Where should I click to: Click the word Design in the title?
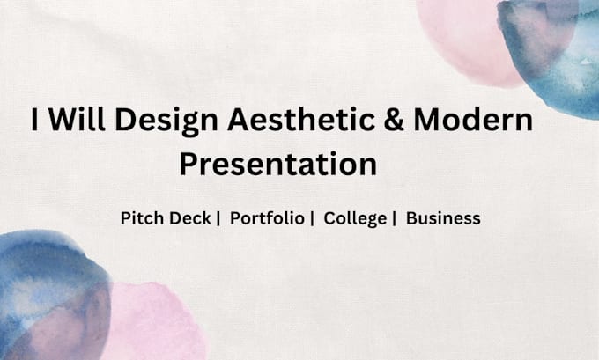click(x=166, y=121)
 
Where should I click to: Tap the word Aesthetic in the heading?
click(x=301, y=119)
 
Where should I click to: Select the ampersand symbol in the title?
click(x=394, y=119)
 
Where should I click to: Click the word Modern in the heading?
click(x=473, y=119)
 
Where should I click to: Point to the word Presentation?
click(x=278, y=164)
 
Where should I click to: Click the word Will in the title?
click(x=77, y=119)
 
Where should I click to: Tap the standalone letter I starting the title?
click(x=34, y=120)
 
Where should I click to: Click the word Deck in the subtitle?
click(x=190, y=218)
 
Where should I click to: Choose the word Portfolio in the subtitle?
click(x=267, y=218)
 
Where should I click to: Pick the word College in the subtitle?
click(x=355, y=219)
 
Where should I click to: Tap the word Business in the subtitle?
click(x=443, y=218)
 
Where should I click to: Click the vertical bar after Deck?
click(x=218, y=219)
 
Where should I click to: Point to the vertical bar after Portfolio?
click(x=312, y=219)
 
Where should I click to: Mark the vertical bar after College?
click(x=395, y=219)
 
